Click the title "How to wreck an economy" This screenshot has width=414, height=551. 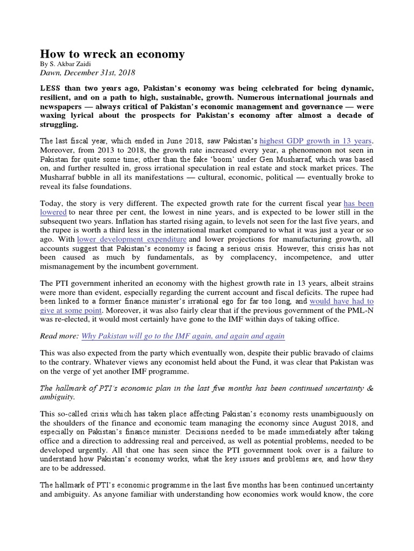pos(113,54)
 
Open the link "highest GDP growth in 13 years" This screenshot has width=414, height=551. pos(315,141)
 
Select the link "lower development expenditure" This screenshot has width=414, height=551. pos(132,238)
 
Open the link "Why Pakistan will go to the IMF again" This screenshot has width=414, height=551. pos(183,336)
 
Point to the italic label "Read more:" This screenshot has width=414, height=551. pos(59,336)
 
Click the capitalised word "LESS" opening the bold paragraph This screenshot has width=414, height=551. pos(52,87)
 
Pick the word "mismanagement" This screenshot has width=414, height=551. pos(67,266)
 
